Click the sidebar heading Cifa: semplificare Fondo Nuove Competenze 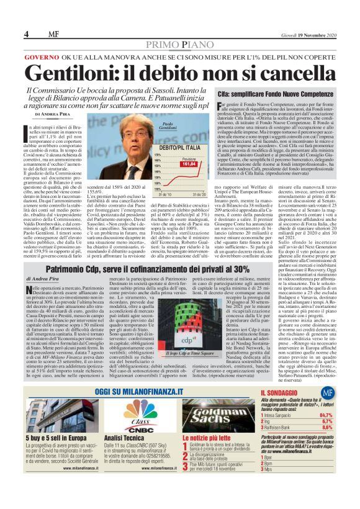(271, 93)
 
